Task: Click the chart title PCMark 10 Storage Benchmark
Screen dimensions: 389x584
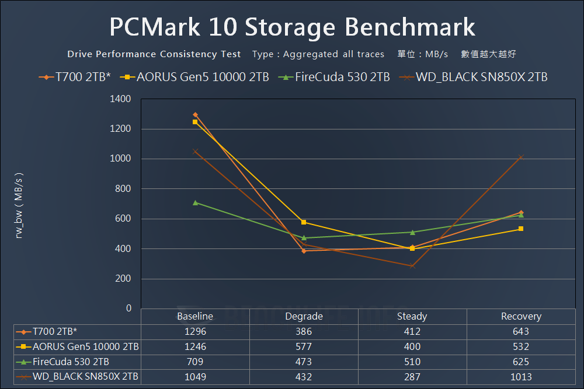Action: pyautogui.click(x=292, y=27)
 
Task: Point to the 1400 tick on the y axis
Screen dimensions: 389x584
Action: pyautogui.click(x=120, y=99)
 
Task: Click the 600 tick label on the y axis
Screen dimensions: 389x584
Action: pyautogui.click(x=123, y=219)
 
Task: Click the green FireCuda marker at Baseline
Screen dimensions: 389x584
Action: pyautogui.click(x=195, y=202)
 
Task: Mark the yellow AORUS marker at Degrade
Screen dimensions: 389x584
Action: pyautogui.click(x=304, y=222)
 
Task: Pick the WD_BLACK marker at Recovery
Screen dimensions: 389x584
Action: pyautogui.click(x=521, y=157)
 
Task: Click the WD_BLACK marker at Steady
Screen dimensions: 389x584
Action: pyautogui.click(x=412, y=266)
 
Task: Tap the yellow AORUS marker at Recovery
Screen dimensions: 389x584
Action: pyautogui.click(x=521, y=229)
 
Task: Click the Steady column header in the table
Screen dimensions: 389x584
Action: pyautogui.click(x=412, y=316)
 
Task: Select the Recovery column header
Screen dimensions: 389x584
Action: pyautogui.click(x=521, y=316)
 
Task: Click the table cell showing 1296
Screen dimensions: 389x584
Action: pyautogui.click(x=195, y=331)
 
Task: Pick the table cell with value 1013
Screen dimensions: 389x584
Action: pyautogui.click(x=521, y=377)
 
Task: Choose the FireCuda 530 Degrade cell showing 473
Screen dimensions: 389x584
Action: pyautogui.click(x=304, y=362)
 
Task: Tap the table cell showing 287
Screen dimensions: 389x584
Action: pyautogui.click(x=412, y=377)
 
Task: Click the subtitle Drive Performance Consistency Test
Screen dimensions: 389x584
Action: pyautogui.click(x=154, y=54)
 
